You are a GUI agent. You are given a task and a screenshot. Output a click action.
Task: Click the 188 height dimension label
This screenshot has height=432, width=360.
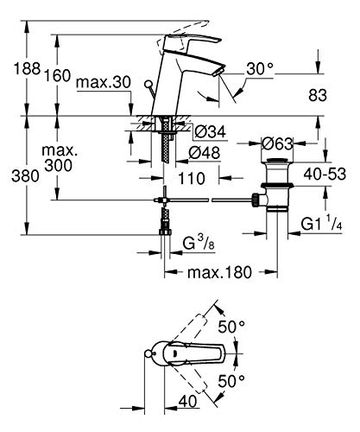click(28, 69)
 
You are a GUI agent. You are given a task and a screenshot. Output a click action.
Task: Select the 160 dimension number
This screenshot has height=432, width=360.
click(57, 76)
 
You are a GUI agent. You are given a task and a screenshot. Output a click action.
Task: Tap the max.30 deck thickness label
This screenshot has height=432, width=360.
click(104, 82)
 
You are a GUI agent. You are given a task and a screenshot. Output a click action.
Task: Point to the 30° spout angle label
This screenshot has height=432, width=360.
click(260, 69)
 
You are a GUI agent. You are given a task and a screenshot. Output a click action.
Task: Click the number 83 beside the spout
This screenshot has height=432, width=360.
click(318, 95)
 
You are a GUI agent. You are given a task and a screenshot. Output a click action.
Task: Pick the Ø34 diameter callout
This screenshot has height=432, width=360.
click(210, 132)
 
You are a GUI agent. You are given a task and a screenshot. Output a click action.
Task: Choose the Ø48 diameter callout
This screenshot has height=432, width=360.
click(205, 153)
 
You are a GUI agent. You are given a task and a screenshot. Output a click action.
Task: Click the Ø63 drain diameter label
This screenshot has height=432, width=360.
click(277, 143)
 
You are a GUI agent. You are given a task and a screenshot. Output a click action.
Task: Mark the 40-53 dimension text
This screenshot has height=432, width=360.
click(325, 174)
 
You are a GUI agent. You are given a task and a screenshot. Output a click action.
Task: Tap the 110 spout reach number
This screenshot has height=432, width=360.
click(192, 179)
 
